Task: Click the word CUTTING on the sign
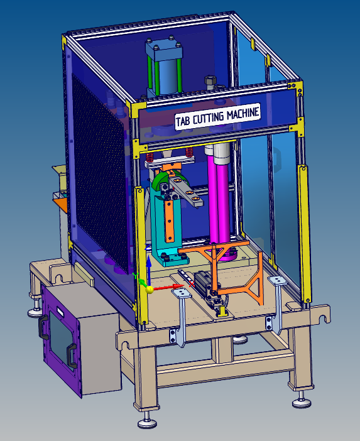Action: (x=209, y=118)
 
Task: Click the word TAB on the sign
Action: (x=183, y=121)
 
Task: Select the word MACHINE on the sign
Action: (x=243, y=113)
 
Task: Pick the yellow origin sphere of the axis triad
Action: (x=150, y=290)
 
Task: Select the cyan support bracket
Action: (x=166, y=225)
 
